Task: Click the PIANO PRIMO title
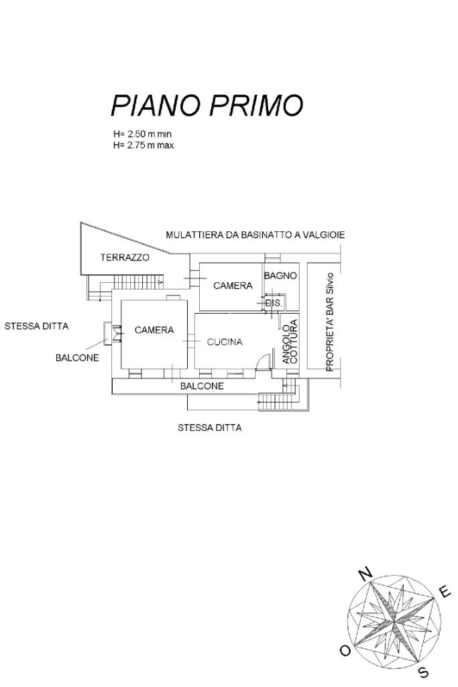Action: coord(207,105)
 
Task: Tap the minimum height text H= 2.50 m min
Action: coord(142,134)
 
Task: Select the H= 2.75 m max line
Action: coord(144,145)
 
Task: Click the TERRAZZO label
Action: coord(125,257)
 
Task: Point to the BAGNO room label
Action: coord(280,276)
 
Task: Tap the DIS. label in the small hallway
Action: coord(274,303)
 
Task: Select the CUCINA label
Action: coord(225,342)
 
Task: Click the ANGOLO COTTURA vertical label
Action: coord(290,342)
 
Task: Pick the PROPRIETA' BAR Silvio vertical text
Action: coord(330,322)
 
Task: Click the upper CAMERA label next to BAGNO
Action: coord(233,286)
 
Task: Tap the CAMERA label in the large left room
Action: coord(154,330)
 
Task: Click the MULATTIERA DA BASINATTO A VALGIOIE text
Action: coord(255,235)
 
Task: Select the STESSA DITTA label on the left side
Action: coord(36,326)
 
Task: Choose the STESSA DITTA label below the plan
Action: coord(209,428)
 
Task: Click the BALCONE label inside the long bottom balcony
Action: coord(202,386)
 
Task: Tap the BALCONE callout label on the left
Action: coord(77,358)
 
